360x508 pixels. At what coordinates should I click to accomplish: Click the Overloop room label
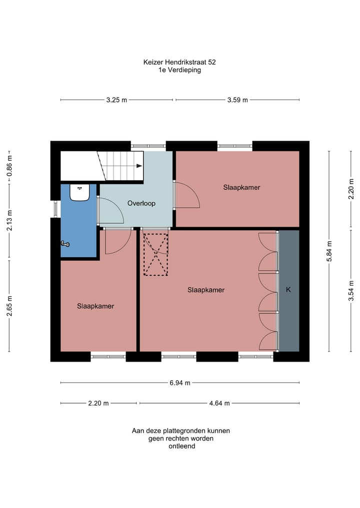(141, 203)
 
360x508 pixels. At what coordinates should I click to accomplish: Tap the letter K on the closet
(288, 290)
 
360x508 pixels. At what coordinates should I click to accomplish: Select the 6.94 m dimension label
(180, 383)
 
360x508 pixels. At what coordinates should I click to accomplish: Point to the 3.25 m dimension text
(117, 100)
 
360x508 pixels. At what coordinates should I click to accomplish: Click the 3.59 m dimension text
(237, 100)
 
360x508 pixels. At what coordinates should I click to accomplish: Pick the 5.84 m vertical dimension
(329, 251)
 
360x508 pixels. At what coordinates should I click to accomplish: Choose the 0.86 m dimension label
(9, 165)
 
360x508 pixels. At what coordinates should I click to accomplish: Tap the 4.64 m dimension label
(219, 404)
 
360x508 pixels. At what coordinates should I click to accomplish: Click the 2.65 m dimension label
(9, 306)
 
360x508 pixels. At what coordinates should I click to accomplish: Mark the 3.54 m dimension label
(351, 291)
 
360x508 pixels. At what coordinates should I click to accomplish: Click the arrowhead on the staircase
(139, 166)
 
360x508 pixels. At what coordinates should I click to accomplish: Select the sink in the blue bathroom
(79, 192)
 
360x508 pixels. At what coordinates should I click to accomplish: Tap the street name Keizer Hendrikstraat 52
(179, 62)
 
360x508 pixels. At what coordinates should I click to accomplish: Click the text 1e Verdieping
(179, 70)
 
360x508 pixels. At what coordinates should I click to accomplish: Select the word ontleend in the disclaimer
(181, 446)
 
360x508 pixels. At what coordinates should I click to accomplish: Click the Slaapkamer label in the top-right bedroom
(241, 187)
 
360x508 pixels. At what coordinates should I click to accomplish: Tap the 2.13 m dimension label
(9, 221)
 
